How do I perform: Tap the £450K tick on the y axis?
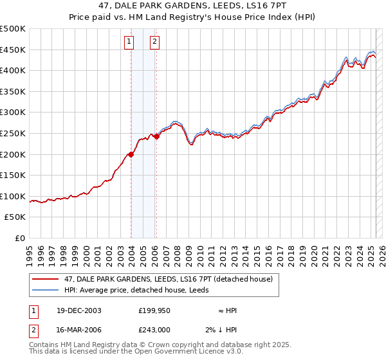13,50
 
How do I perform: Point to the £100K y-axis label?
13,196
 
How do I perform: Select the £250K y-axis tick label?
13,133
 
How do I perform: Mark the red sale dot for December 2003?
131,154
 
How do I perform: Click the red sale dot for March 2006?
157,136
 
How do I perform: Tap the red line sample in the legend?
45,279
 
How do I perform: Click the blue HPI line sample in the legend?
45,289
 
